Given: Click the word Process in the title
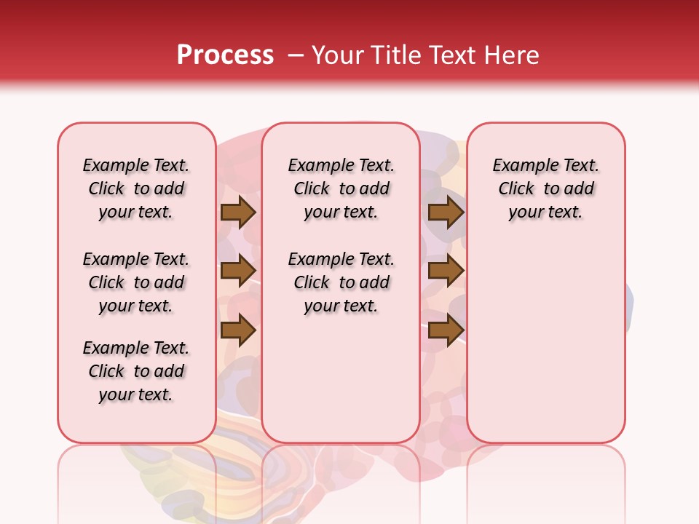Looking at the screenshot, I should coord(225,55).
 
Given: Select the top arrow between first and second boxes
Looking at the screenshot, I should coord(237,213).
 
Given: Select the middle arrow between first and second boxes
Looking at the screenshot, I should coord(237,271).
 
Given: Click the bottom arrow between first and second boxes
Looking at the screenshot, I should coord(237,330).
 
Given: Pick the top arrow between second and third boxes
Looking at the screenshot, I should coord(446,213).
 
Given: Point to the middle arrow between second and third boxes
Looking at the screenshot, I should coord(446,271).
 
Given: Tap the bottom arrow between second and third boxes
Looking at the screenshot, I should coord(446,330).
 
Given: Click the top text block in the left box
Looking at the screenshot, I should coord(136,188).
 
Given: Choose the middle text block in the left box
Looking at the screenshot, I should coord(136,282).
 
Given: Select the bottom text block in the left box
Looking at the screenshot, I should coord(136,371).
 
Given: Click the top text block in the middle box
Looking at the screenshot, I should coord(341,188).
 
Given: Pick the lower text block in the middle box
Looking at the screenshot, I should coord(341,282).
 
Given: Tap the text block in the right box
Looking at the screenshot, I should coord(546,188).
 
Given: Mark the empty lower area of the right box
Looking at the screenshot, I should coord(546,335).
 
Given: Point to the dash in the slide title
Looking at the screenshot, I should coord(296,55).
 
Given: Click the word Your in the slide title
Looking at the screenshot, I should coord(339,55).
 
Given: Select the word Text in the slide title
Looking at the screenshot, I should coord(455,55).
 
